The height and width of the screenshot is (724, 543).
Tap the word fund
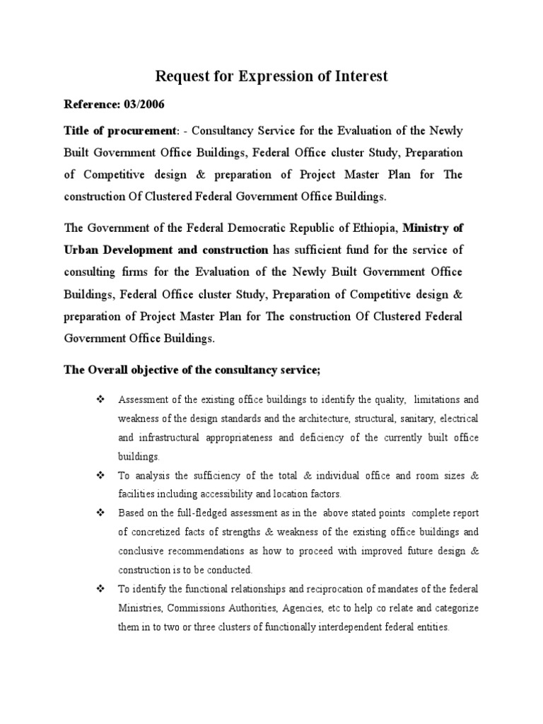click(x=385, y=250)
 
